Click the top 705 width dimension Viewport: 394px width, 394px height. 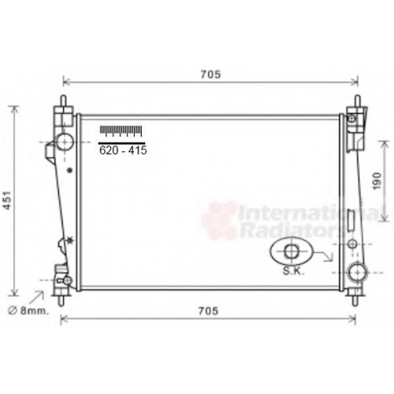[x=210, y=75]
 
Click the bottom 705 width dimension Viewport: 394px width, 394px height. [x=208, y=311]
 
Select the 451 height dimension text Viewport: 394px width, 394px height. [x=8, y=200]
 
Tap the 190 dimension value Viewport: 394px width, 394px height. [x=377, y=180]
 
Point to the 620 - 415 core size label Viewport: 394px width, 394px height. [x=123, y=151]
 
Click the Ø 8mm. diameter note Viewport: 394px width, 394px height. [x=28, y=311]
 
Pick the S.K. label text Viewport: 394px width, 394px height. [x=294, y=271]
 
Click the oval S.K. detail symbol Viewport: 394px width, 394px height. [x=292, y=251]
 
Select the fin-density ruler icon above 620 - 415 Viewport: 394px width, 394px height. [x=121, y=131]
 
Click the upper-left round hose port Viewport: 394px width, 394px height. [x=65, y=142]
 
